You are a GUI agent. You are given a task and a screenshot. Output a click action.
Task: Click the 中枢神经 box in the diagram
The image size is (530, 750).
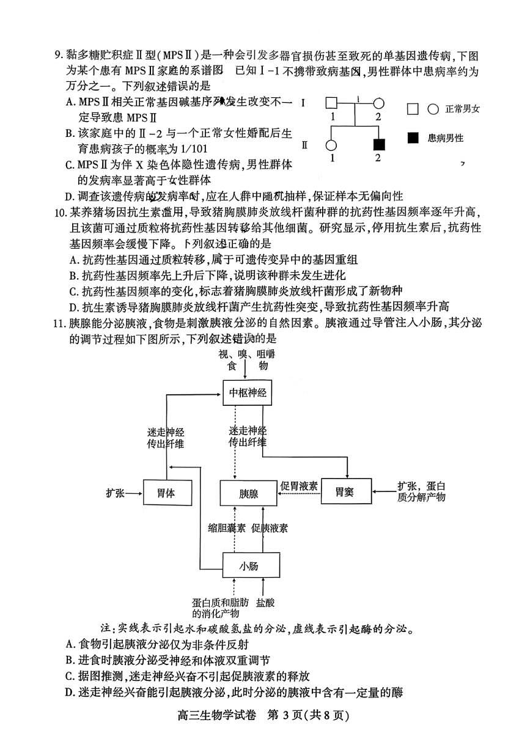click(248, 392)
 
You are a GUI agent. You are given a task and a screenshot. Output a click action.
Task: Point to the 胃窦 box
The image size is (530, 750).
click(346, 491)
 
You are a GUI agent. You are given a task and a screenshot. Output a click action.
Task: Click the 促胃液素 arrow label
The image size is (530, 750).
click(299, 486)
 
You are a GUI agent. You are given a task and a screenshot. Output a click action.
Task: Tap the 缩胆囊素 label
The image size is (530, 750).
click(227, 528)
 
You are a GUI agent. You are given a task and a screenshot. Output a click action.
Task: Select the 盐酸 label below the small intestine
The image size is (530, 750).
click(265, 603)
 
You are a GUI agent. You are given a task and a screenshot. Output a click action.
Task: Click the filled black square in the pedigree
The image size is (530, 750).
click(379, 145)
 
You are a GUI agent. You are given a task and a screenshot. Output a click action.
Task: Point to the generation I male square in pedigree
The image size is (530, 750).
click(331, 103)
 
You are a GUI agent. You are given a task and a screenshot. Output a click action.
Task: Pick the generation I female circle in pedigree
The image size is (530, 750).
click(378, 103)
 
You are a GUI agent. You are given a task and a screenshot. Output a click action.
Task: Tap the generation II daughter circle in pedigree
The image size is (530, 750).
click(331, 145)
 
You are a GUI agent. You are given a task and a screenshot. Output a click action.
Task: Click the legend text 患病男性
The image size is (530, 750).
click(446, 138)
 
